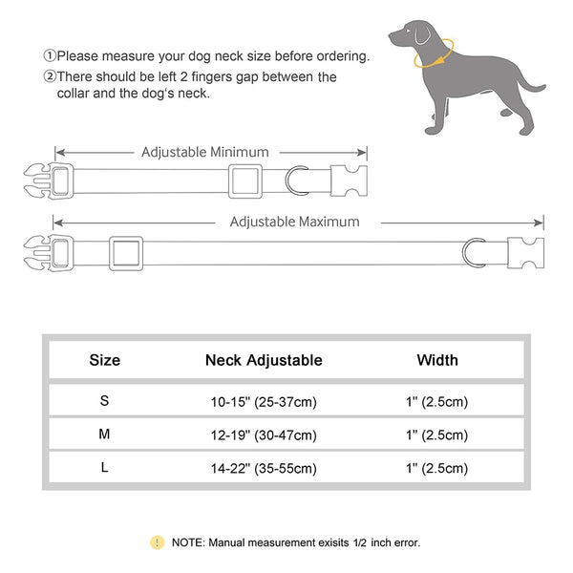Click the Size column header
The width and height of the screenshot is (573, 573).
(104, 360)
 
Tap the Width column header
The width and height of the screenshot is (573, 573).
(437, 360)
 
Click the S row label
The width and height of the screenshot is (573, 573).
(104, 401)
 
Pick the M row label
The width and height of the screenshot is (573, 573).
(104, 435)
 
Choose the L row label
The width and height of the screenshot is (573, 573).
(104, 468)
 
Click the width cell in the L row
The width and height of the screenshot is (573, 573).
(437, 469)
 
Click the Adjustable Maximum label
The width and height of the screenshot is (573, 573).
(294, 222)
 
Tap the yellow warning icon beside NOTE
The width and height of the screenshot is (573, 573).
(157, 542)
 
